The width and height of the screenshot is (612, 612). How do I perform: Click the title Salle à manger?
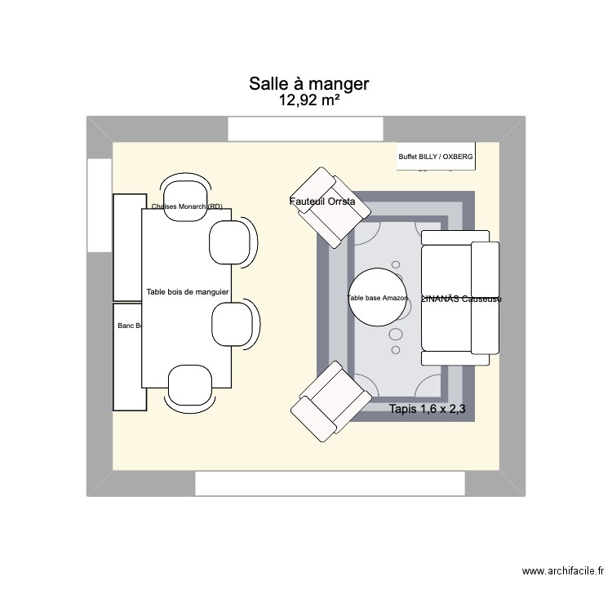tap(309, 84)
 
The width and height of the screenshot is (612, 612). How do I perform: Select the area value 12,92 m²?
tap(309, 101)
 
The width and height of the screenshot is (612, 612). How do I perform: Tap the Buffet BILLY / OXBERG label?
tap(435, 156)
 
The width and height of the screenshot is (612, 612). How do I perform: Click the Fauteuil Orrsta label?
tap(322, 202)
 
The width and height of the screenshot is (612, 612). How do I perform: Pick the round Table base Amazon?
tap(378, 298)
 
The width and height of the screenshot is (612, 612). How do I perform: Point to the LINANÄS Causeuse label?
tap(461, 299)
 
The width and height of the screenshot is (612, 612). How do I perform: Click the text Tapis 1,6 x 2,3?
tap(428, 410)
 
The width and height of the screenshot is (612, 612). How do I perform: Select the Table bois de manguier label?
tap(187, 291)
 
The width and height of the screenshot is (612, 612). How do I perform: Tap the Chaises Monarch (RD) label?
tap(187, 206)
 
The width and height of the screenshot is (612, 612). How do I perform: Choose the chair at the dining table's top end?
tap(186, 189)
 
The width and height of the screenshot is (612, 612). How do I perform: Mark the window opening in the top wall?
tap(305, 129)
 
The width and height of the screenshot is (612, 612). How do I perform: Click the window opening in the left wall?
tap(99, 205)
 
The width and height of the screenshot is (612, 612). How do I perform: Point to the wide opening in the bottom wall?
tap(330, 483)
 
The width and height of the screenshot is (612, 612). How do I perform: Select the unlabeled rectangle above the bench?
tap(127, 247)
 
